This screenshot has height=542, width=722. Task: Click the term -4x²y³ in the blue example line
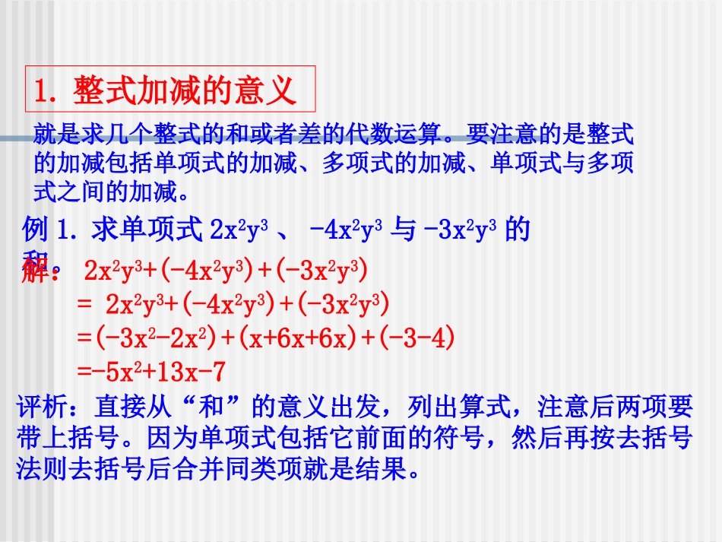point(350,229)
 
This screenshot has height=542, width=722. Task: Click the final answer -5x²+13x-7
point(152,371)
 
